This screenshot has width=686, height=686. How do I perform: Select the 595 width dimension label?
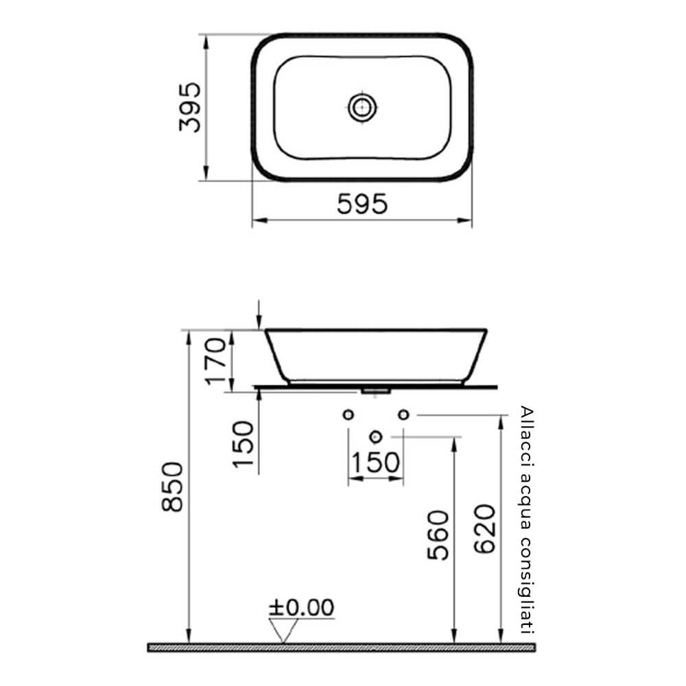pos(362,204)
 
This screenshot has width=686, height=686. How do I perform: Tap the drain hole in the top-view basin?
pos(362,106)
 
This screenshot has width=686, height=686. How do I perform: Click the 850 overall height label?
pos(172,486)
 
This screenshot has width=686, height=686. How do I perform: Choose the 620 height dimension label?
pos(484,529)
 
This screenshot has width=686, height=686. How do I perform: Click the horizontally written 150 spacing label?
pos(375,463)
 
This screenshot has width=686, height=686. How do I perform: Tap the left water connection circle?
pos(348,414)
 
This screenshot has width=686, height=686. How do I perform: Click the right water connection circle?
pos(403,414)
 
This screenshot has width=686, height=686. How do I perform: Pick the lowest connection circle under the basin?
pos(375,436)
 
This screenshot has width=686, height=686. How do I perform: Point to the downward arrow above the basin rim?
pos(259,316)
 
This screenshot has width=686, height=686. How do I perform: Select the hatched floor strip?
pos(341,647)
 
